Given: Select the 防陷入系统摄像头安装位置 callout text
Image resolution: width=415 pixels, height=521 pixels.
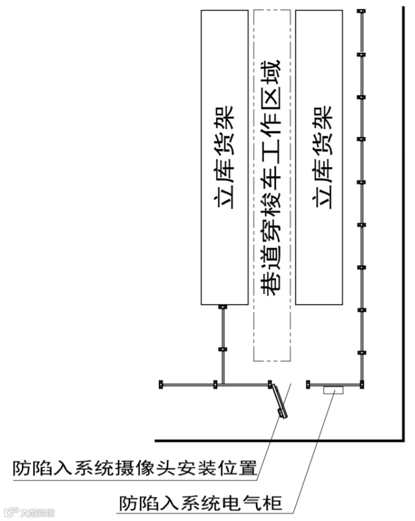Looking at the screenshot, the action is (135, 467).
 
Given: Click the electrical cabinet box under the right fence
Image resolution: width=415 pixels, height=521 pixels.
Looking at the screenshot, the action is (335, 390).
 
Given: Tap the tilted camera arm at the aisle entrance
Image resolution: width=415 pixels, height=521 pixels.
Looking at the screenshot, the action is (278, 400).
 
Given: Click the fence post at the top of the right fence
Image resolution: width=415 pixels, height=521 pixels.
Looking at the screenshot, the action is (362, 12).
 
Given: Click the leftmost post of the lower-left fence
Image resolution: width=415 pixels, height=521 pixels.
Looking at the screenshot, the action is (161, 385).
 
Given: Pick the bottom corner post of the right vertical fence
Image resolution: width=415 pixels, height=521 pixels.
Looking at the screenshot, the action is (362, 384).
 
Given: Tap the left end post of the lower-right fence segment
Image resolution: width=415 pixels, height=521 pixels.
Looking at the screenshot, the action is (308, 384).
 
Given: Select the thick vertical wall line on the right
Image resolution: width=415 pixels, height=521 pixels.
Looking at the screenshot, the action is (403, 224).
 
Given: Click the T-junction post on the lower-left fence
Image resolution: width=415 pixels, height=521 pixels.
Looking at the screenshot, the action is (215, 385).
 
